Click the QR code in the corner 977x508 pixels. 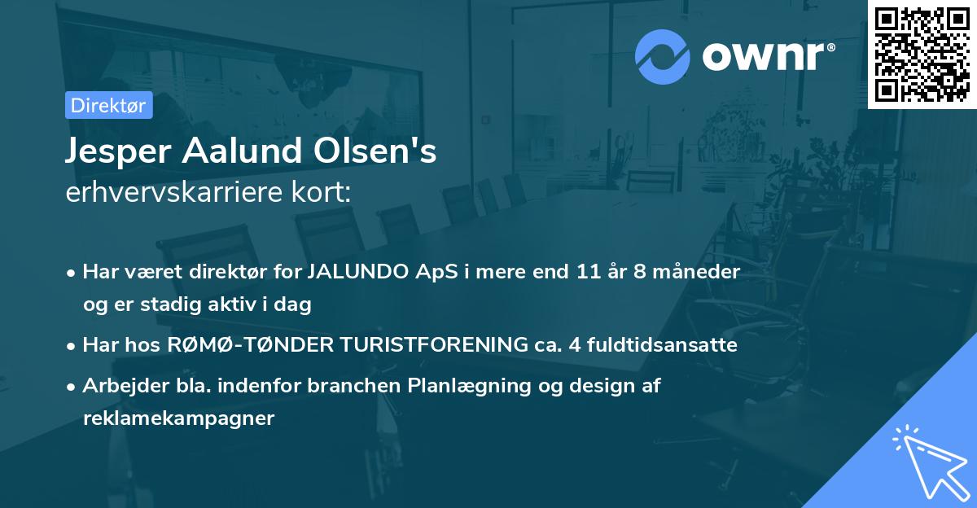pos(922,54)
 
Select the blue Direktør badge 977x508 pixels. pos(108,105)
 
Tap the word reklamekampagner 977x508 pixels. pos(178,418)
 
